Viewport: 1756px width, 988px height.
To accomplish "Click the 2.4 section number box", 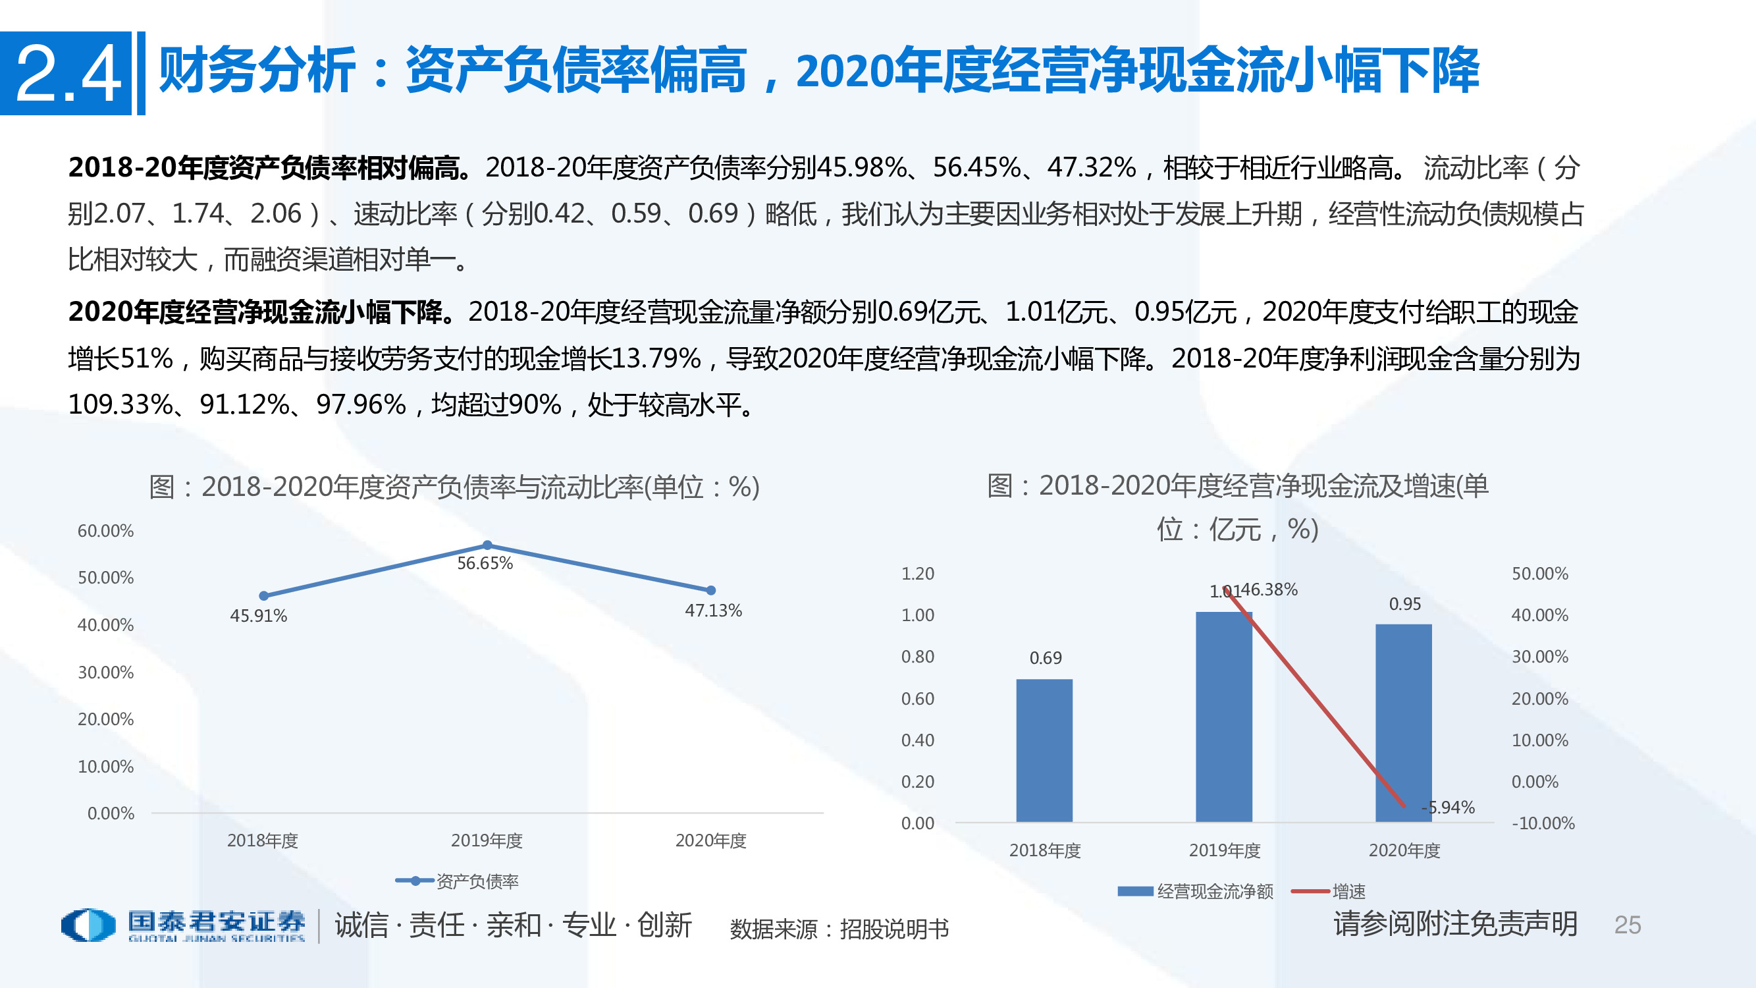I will [66, 73].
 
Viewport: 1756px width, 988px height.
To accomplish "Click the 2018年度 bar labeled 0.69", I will [1044, 750].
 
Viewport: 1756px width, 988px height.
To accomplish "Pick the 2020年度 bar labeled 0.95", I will [1403, 723].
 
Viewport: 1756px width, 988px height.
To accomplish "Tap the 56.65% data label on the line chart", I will [484, 563].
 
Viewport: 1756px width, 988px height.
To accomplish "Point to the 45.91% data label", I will [258, 616].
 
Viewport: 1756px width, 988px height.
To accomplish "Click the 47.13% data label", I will [713, 611].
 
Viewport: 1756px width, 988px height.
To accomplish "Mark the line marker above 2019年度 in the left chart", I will [487, 545].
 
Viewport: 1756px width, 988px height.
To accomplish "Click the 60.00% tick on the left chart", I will [105, 530].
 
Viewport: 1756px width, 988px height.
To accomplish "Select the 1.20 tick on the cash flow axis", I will [918, 574].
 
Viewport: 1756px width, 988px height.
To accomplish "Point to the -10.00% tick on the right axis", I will [1543, 823].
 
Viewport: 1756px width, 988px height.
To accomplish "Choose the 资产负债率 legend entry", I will [457, 881].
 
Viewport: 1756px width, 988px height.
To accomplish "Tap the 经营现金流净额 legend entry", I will [1196, 891].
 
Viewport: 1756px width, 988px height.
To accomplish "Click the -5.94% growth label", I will [1448, 808].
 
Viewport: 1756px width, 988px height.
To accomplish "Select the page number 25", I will [1627, 925].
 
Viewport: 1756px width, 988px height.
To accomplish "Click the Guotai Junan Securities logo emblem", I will [88, 925].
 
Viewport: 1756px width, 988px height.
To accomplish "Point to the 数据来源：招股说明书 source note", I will [838, 929].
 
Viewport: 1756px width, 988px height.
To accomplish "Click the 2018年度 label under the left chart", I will [263, 840].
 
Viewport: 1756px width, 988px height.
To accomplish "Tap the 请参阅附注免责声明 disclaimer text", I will [1455, 924].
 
